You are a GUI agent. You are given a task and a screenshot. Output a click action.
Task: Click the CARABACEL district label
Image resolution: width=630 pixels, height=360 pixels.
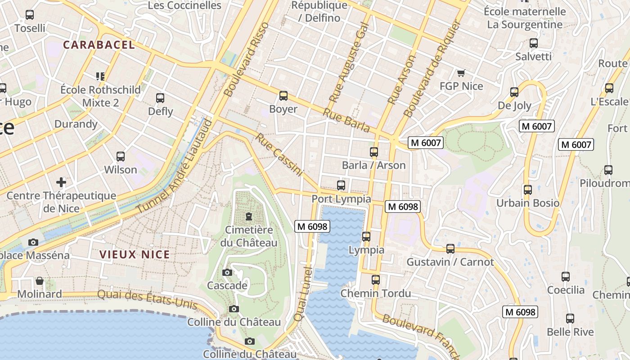[99, 45]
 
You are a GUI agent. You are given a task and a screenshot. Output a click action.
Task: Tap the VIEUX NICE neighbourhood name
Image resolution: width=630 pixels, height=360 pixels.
[135, 254]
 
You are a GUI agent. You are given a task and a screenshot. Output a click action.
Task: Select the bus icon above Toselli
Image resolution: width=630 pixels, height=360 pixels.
[30, 15]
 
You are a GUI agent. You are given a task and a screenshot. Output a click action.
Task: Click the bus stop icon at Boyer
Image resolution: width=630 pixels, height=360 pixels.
[283, 96]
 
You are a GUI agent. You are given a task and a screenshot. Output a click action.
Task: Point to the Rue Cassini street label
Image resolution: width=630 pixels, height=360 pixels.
[279, 154]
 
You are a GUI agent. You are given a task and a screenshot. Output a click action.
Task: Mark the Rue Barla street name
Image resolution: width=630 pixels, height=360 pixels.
[346, 120]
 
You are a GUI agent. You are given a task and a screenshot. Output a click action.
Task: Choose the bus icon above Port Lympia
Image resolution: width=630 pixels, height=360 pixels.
[341, 185]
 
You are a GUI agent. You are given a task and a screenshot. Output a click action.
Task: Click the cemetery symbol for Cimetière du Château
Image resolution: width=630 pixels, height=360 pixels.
[249, 216]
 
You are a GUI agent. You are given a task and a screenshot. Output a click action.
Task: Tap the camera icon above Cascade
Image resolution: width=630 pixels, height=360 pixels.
[227, 272]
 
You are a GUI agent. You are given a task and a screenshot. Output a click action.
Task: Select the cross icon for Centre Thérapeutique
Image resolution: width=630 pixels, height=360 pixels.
[61, 182]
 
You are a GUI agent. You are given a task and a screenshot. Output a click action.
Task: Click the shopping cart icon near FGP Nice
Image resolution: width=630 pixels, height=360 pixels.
[461, 73]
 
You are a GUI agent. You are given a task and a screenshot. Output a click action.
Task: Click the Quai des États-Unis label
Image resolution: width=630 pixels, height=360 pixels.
[148, 300]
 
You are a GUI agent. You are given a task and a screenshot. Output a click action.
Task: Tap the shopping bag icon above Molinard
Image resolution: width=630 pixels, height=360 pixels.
[40, 281]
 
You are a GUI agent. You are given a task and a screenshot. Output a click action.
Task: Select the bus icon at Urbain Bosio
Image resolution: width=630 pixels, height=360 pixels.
[528, 190]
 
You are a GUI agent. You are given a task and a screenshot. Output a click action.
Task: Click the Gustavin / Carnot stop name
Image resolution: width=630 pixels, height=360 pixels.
[450, 262]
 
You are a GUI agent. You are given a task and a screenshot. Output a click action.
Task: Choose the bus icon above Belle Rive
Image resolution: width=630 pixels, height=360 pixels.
[570, 319]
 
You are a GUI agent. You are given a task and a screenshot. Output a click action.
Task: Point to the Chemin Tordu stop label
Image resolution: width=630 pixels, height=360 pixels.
[376, 293]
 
